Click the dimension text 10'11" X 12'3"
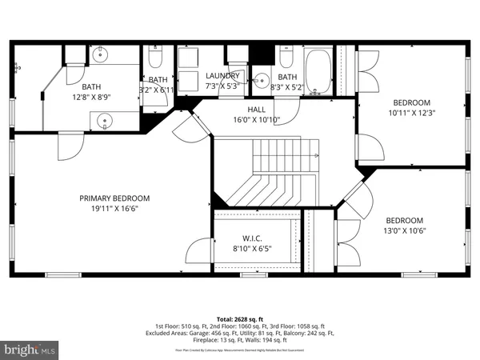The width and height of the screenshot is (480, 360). [x=411, y=112]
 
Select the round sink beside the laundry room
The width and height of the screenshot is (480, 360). [x=262, y=80]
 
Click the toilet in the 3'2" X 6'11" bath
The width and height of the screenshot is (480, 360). [x=157, y=57]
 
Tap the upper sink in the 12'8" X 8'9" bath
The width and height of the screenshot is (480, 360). [x=99, y=56]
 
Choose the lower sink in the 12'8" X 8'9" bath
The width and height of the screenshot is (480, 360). [x=105, y=121]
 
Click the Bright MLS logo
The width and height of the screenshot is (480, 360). [x=30, y=350]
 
